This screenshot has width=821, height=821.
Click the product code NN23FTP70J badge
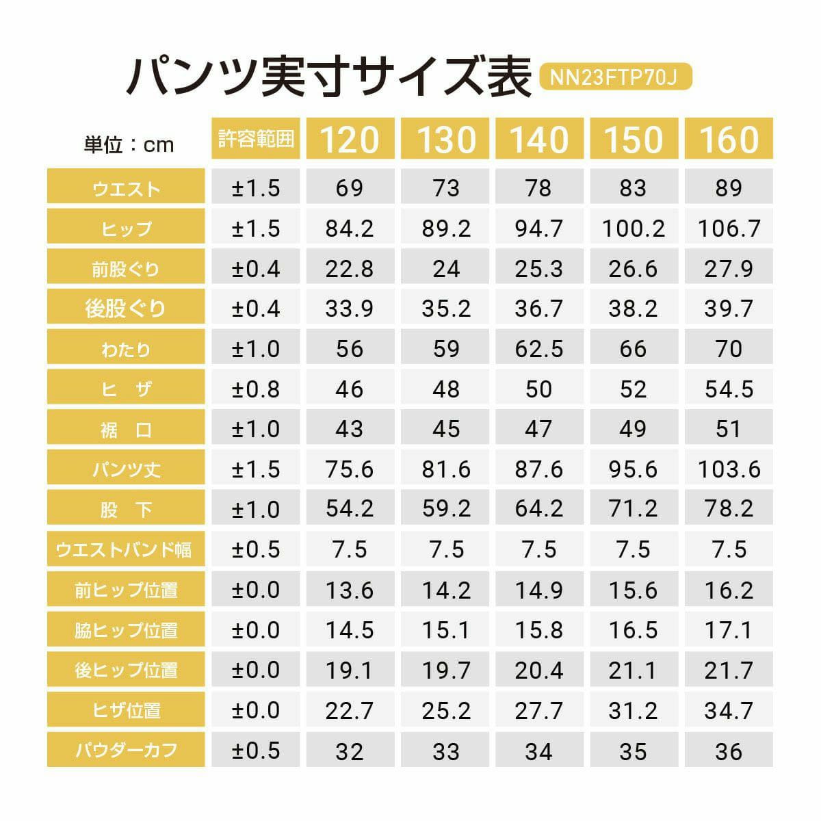(x=616, y=77)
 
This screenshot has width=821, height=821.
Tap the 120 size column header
(x=350, y=139)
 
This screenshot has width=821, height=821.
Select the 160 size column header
(x=729, y=139)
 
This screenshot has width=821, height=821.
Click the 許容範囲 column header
(x=256, y=139)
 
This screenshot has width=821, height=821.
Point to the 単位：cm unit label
(x=129, y=144)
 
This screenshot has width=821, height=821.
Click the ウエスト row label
(x=126, y=188)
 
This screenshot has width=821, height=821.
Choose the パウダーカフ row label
(x=126, y=751)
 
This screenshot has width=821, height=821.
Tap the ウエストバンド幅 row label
(x=126, y=549)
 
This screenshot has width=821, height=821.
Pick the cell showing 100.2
(x=633, y=229)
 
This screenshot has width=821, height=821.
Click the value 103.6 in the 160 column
(x=729, y=469)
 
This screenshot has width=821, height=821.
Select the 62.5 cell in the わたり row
(x=539, y=349)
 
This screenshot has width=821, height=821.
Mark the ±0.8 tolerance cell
(x=256, y=389)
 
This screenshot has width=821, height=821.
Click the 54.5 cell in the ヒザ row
(x=729, y=389)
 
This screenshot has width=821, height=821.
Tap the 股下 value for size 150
(x=633, y=509)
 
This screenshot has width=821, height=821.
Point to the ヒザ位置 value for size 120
(x=350, y=710)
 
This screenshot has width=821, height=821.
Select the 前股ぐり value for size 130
(x=445, y=269)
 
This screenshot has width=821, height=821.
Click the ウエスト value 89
(x=729, y=188)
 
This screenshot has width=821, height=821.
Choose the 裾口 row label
(x=126, y=430)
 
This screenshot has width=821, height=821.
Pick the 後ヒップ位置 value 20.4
(x=539, y=670)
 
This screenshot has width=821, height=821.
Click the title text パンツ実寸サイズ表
(x=328, y=77)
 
